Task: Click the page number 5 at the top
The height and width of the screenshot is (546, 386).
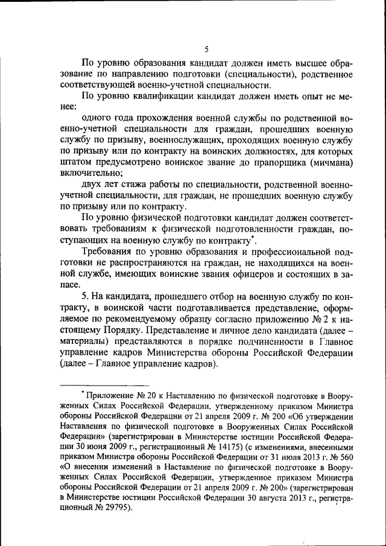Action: [206, 49]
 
